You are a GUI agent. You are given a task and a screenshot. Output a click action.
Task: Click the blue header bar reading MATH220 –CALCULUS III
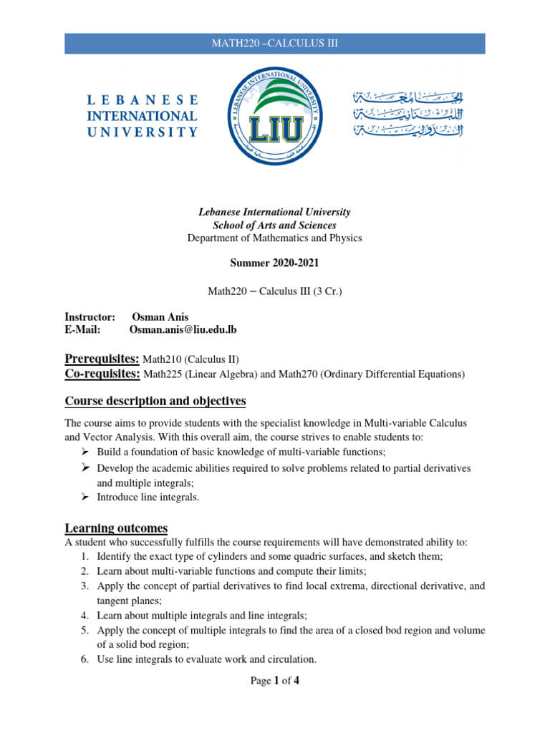274,44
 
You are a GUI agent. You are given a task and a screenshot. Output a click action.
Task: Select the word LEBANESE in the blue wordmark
142,99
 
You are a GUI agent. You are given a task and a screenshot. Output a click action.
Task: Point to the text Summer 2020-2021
274,263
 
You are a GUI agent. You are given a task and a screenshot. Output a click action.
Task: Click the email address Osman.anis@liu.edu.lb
183,329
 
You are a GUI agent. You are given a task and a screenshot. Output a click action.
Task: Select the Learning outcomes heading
116,528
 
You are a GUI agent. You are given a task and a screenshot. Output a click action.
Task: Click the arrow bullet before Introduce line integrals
84,497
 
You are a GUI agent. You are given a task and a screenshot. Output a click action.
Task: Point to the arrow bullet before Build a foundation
84,452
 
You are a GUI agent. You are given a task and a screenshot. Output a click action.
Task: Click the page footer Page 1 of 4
274,681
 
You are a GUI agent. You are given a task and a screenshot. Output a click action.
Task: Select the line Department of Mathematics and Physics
274,238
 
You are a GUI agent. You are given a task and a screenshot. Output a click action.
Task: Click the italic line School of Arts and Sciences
274,225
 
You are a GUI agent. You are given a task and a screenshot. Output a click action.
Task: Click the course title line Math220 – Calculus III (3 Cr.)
274,290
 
